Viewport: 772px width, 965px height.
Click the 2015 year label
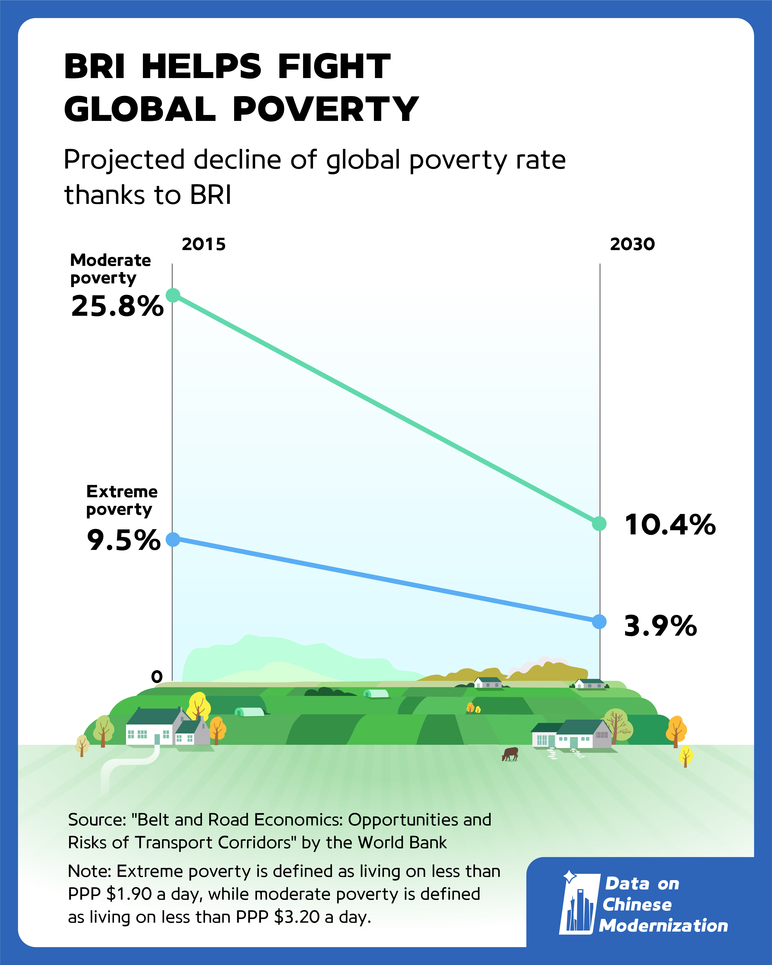click(x=204, y=244)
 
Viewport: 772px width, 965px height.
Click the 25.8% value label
click(x=117, y=307)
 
